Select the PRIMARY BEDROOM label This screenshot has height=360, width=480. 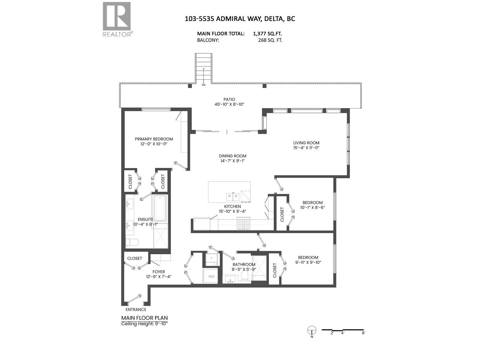click(x=154, y=139)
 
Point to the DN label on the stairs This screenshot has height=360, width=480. click(x=204, y=85)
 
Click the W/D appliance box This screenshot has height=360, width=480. click(x=211, y=276)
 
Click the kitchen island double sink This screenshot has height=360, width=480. click(x=232, y=196)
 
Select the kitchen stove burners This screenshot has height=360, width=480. click(x=243, y=224)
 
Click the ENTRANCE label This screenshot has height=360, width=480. click(x=136, y=310)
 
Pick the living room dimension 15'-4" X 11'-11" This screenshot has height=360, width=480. click(x=306, y=148)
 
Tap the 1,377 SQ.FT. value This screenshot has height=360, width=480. click(x=267, y=34)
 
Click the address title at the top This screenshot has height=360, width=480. click(x=240, y=19)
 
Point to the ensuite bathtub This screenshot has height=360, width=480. click(x=160, y=208)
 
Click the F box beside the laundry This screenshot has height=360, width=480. click(x=212, y=258)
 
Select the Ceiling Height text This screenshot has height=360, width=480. click(x=144, y=324)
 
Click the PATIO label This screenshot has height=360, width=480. click(x=229, y=99)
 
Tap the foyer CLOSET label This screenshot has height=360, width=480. click(x=135, y=258)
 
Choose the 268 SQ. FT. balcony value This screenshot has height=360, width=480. click(x=270, y=40)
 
